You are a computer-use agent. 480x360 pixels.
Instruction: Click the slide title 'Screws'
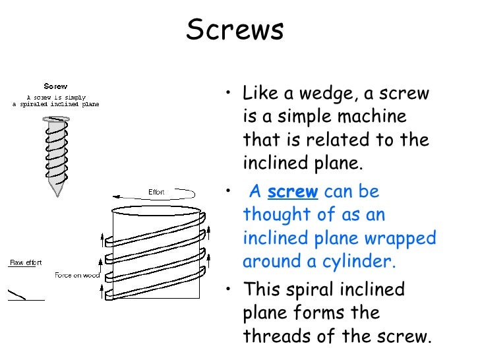[x=235, y=30]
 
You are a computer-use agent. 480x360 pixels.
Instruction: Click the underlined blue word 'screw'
[x=293, y=192]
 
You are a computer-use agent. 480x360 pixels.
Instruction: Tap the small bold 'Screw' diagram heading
[x=55, y=86]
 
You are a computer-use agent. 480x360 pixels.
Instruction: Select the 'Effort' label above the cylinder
[x=156, y=193]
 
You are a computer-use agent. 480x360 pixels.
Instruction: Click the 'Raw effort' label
[x=25, y=262]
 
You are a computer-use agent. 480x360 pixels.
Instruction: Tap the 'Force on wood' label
[x=77, y=275]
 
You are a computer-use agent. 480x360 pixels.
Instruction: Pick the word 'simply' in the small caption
[x=79, y=96]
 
